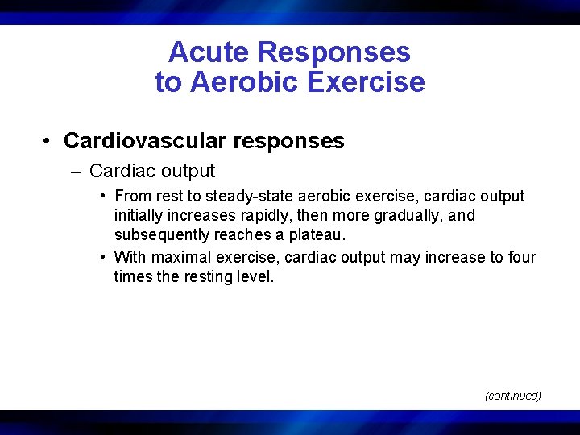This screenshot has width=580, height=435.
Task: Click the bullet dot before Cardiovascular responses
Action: [x=49, y=141]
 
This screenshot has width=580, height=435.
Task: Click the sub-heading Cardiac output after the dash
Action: [x=152, y=172]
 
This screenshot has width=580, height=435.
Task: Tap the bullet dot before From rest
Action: [x=104, y=196]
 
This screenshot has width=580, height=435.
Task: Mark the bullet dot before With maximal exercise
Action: [x=104, y=257]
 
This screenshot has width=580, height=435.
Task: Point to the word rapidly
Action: [x=260, y=216]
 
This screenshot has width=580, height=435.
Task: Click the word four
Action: [x=521, y=257]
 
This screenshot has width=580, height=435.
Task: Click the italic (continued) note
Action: [x=512, y=396]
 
